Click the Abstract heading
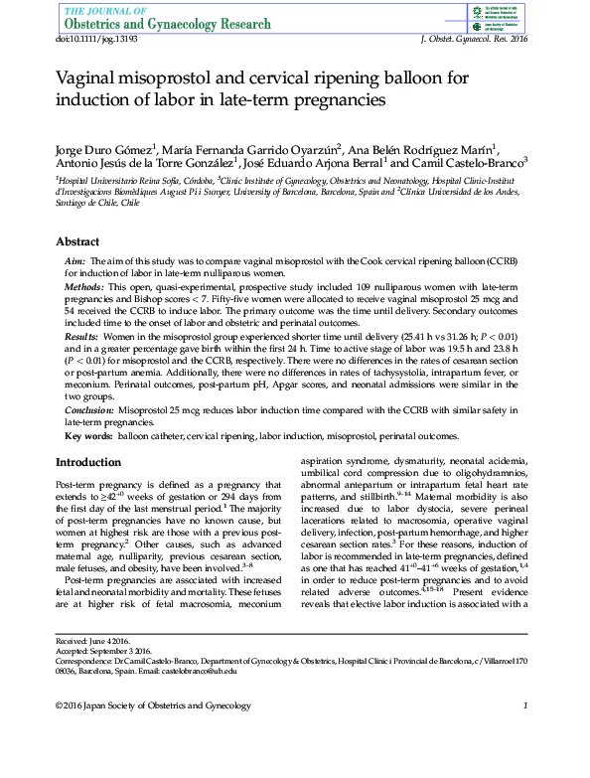tap(77, 241)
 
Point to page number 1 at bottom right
tap(524, 705)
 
